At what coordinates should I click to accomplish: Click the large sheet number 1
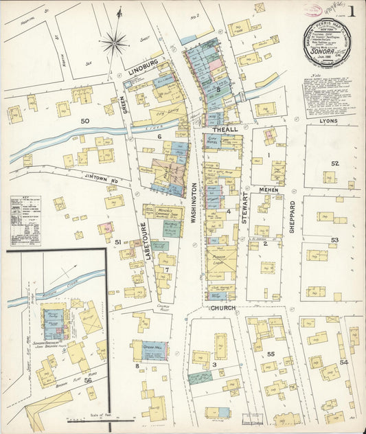(x=351, y=11)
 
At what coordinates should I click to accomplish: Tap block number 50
(x=85, y=122)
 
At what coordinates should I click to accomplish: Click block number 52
(x=334, y=163)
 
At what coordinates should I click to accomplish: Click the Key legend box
(x=25, y=221)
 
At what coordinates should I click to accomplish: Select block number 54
(x=343, y=361)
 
